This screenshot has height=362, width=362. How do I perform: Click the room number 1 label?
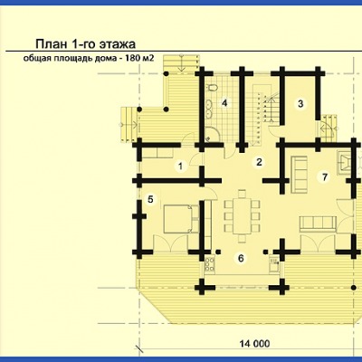180,166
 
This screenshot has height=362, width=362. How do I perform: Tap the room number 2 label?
259,162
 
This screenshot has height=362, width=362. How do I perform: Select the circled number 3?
300,104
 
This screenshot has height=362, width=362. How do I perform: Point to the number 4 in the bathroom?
224,103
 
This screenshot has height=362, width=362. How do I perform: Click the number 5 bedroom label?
150,199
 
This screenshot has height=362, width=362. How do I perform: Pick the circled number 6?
241,258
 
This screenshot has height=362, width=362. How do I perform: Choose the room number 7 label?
325,176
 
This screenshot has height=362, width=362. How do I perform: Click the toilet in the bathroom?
212,88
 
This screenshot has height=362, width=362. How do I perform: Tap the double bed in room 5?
181,219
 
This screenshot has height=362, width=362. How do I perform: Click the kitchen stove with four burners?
210,264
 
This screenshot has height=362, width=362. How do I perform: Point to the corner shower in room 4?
213,134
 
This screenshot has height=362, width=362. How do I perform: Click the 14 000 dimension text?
255,343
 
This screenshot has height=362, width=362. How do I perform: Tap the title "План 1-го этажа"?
86,44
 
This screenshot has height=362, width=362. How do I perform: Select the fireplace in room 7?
344,162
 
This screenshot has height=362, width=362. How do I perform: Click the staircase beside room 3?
265,113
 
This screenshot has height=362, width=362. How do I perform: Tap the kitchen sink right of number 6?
274,263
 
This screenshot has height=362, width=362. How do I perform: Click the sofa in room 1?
157,152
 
